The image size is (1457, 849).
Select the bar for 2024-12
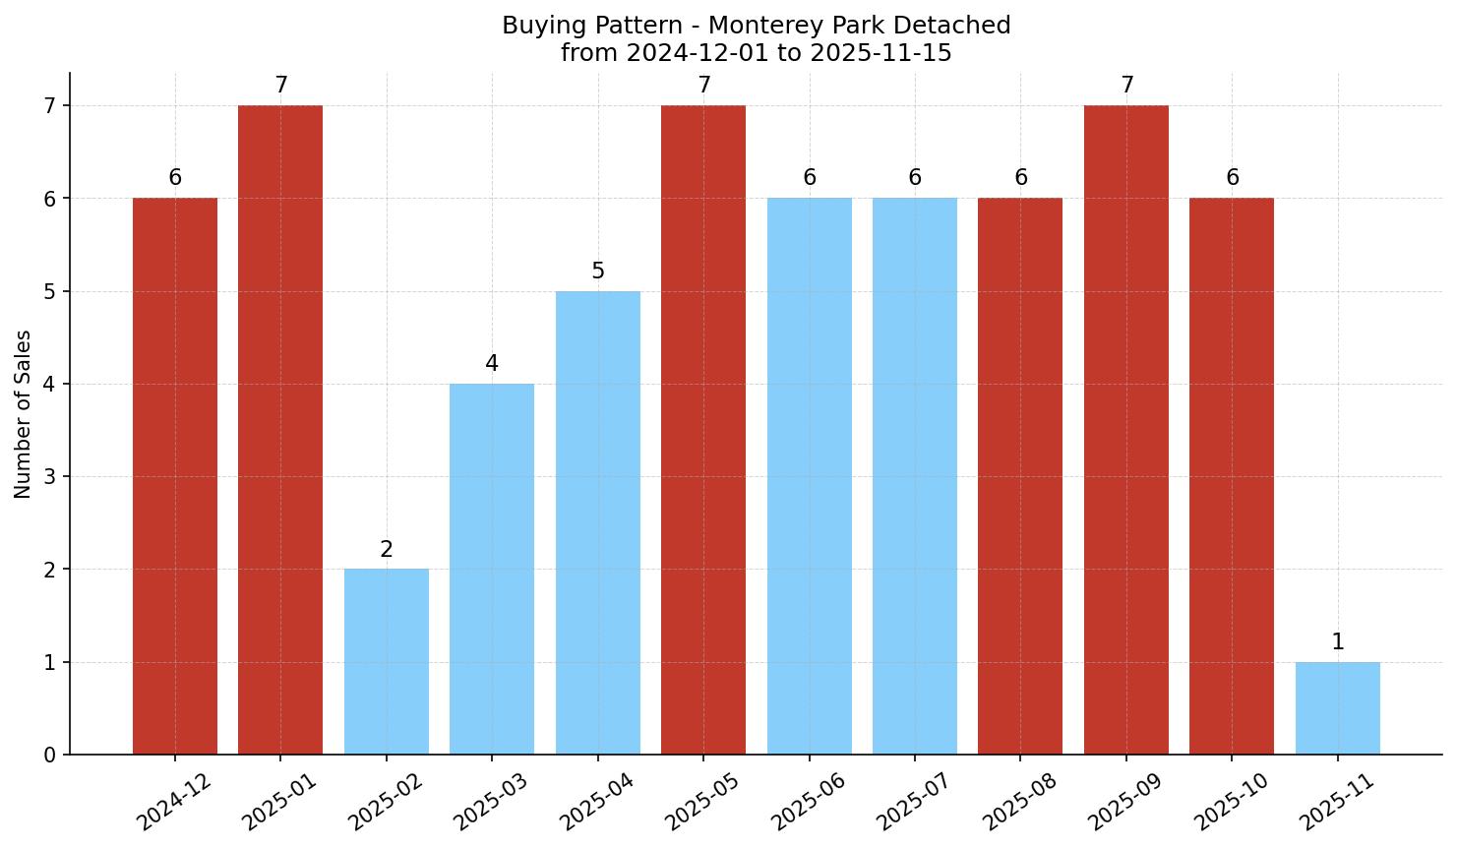[x=175, y=476]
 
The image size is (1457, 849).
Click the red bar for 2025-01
[x=280, y=430]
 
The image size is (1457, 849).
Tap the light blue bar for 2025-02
[x=387, y=661]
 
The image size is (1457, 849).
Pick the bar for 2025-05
[x=703, y=430]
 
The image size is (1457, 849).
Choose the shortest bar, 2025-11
[x=1337, y=708]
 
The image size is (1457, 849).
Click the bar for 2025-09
[x=1125, y=430]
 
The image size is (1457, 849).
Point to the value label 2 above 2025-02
[x=387, y=550]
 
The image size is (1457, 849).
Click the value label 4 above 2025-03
[x=492, y=364]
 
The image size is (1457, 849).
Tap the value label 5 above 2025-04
[x=598, y=272]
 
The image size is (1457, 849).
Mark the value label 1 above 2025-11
[x=1337, y=642]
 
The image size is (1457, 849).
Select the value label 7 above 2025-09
[x=1127, y=86]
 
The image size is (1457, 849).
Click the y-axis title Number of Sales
[x=24, y=414]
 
